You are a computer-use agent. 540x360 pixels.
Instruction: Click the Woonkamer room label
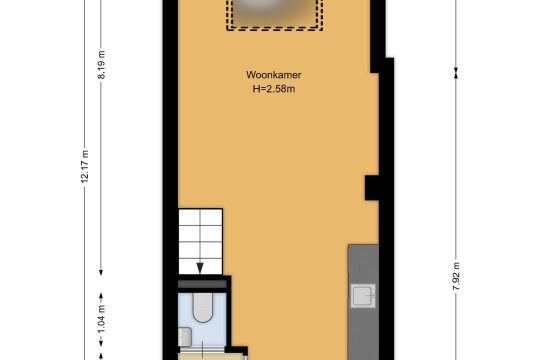point(273,75)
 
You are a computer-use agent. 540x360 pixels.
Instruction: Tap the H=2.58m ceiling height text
point(274,89)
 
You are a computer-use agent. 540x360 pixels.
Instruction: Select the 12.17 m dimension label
point(85,166)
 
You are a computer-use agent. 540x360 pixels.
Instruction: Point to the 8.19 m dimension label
point(101,65)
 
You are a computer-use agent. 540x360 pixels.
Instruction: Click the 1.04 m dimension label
point(101,320)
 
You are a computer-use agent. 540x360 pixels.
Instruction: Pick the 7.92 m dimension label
point(456,276)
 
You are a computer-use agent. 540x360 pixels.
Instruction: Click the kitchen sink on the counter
point(363,296)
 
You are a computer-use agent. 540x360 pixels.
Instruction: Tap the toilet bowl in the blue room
point(202,307)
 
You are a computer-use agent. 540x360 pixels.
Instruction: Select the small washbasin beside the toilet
point(185,336)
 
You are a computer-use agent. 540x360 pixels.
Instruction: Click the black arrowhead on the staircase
point(200,268)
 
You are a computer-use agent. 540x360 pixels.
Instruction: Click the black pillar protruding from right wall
point(372,188)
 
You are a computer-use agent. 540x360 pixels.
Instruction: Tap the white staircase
point(200,241)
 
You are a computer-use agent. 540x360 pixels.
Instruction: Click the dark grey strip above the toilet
point(202,284)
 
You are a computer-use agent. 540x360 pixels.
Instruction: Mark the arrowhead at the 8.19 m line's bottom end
point(101,272)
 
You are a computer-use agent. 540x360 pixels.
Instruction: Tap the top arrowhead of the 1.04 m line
point(101,296)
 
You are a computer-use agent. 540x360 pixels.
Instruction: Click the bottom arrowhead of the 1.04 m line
point(101,343)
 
